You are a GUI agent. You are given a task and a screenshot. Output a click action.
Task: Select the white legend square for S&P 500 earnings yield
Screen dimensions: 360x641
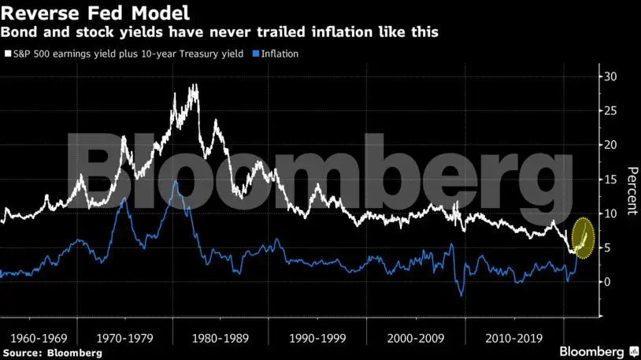point(7,54)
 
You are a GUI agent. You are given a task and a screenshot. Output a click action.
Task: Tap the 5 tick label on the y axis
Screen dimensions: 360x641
point(607,247)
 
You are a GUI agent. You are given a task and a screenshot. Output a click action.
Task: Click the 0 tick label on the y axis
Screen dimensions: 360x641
point(607,282)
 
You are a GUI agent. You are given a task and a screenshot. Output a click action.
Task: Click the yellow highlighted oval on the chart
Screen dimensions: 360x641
point(583,237)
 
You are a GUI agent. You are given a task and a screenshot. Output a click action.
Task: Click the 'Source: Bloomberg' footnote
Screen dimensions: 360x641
point(52,353)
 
